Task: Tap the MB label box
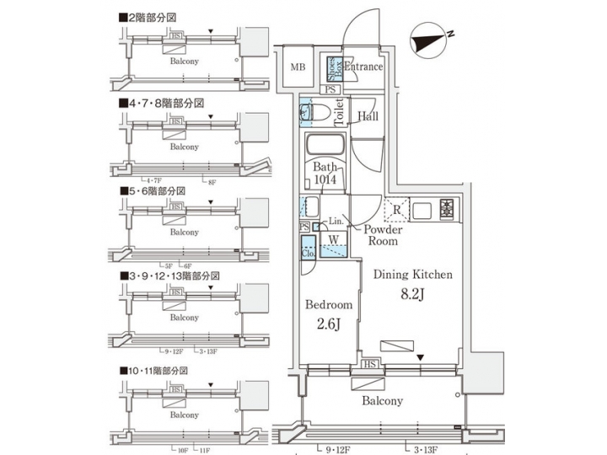point(298,67)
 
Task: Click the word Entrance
point(363,67)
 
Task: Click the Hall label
point(368,115)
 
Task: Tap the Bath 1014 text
point(325,173)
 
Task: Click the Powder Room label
point(383,234)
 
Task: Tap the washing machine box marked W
point(334,240)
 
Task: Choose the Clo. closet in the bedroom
point(308,250)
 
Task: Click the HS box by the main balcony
point(369,364)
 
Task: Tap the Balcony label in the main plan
point(382,401)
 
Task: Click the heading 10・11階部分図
point(157,370)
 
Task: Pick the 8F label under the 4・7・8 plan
point(212,180)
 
